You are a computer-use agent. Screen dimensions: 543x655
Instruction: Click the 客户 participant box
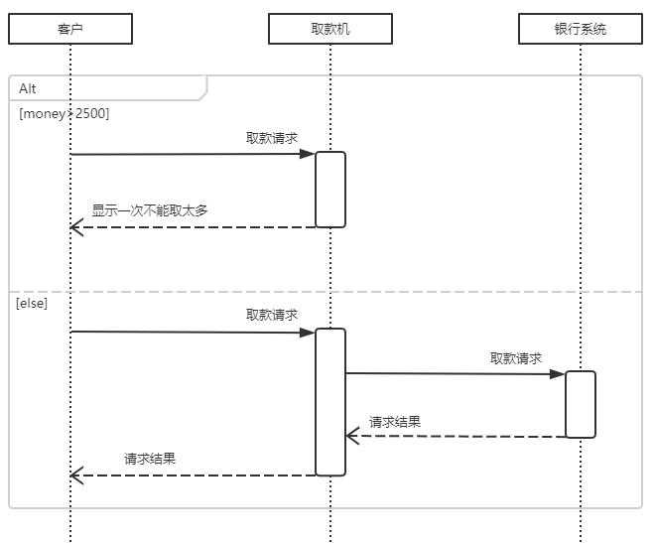(70, 30)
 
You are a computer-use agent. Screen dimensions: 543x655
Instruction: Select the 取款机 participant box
(329, 30)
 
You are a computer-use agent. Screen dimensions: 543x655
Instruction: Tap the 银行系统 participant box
(581, 30)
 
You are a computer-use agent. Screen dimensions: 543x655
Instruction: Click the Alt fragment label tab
(28, 88)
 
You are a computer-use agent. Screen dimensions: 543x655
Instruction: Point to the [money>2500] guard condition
(64, 113)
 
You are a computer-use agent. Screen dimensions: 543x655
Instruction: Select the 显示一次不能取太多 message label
(150, 210)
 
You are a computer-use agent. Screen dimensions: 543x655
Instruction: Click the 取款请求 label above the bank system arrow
(515, 358)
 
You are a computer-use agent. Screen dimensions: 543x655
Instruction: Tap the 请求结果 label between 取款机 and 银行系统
(395, 422)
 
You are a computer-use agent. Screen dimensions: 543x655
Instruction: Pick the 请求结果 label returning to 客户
(150, 460)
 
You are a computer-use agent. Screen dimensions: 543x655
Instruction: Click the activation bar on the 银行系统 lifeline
(581, 404)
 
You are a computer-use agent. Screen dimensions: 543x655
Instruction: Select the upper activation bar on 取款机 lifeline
(330, 190)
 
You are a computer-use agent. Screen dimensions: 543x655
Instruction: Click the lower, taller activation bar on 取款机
(330, 402)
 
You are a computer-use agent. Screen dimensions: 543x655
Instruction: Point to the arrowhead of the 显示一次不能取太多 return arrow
(75, 228)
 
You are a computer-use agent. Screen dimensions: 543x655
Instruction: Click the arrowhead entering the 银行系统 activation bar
(560, 374)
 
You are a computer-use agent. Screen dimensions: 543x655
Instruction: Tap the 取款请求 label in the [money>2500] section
(272, 138)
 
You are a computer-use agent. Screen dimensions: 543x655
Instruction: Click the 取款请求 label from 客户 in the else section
(272, 315)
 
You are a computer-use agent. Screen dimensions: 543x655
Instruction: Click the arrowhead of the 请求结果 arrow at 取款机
(351, 436)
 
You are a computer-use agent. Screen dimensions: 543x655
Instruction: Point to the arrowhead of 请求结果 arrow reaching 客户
(75, 476)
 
